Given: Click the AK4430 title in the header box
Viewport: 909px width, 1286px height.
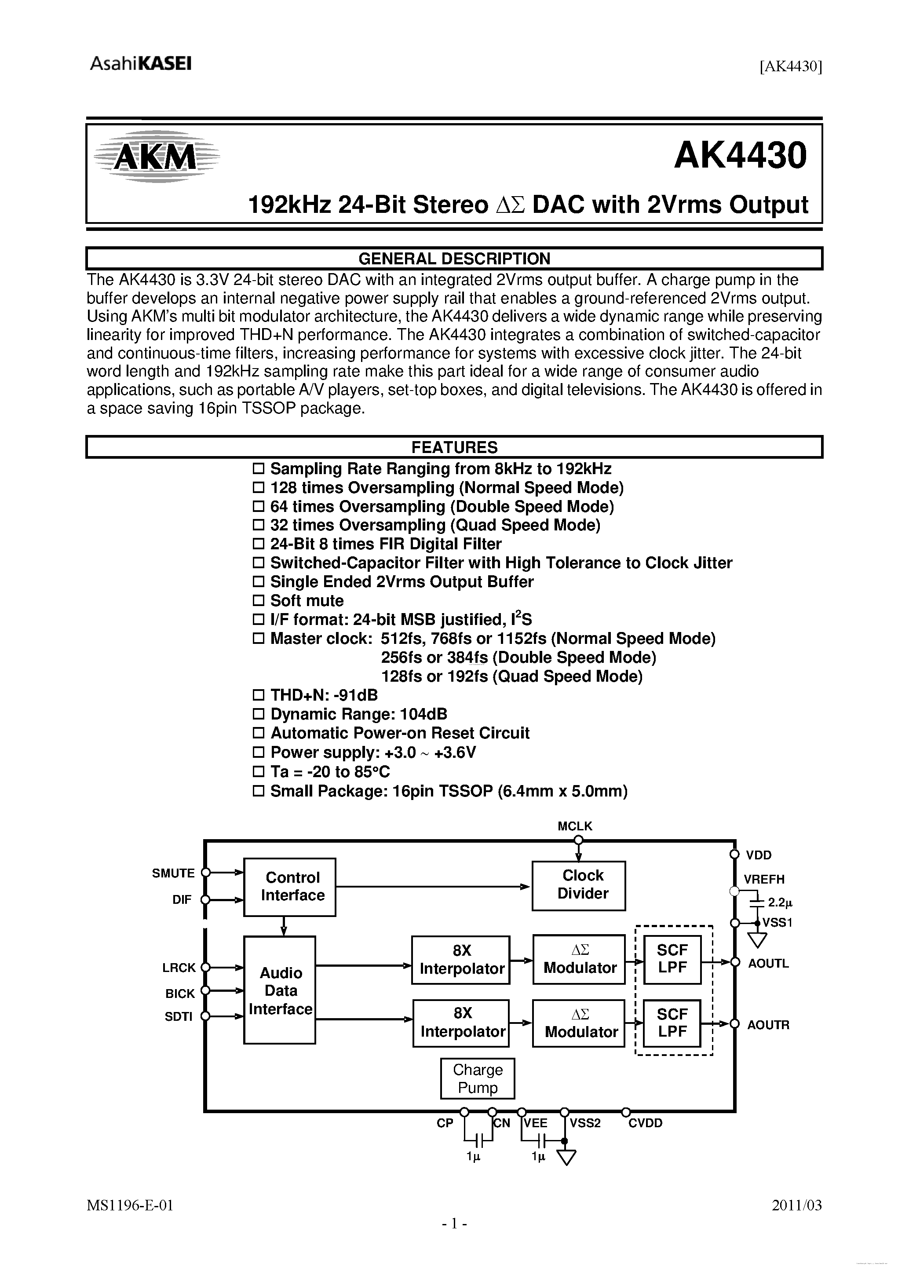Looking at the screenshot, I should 740,156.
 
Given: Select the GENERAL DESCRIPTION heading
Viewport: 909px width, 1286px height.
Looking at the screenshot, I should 454,259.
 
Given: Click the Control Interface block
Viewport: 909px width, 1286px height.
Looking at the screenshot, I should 289,887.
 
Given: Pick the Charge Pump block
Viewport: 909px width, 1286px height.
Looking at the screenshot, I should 477,1078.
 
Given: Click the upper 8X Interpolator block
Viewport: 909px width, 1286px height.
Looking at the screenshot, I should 460,960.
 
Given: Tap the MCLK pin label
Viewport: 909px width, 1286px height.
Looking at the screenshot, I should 575,826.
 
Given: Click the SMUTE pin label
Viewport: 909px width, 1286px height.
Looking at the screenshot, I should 173,873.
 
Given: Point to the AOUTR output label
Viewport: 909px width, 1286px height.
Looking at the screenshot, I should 768,1024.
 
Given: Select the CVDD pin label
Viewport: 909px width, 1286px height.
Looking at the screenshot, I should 645,1123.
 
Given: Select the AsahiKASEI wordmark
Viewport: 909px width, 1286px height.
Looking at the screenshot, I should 141,64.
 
